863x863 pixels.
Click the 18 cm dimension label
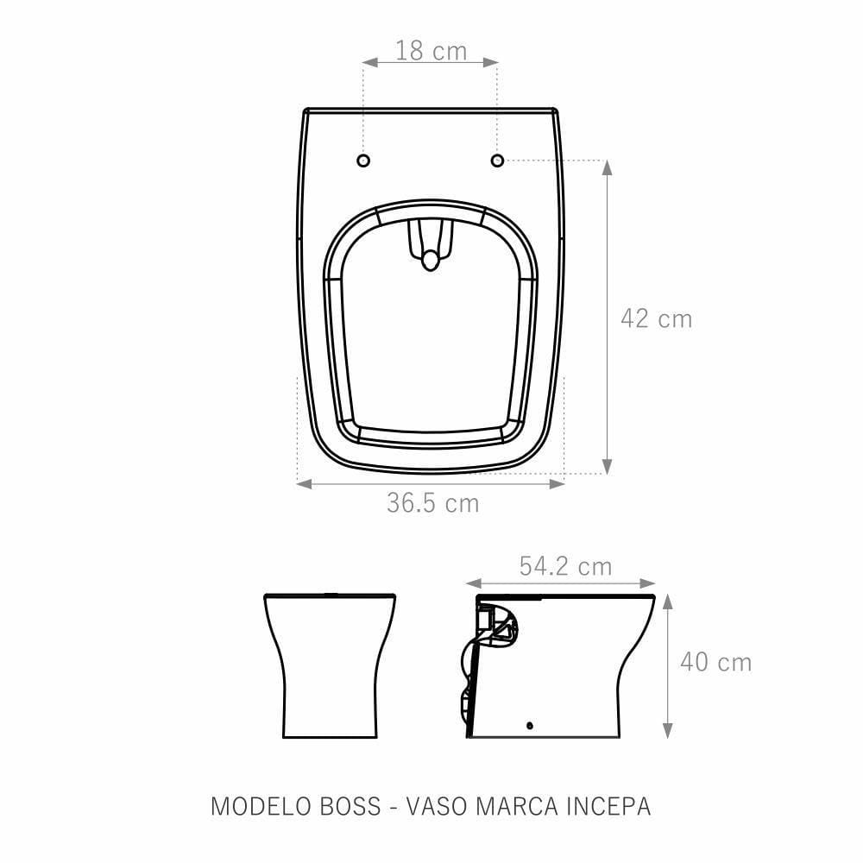click(431, 51)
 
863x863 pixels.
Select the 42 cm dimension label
click(656, 318)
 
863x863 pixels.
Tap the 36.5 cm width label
click(432, 502)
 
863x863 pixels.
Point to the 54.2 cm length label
click(565, 566)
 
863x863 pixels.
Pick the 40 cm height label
click(715, 662)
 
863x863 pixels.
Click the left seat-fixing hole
click(363, 161)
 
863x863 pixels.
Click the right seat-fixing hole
click(497, 161)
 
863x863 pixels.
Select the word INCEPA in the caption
click(608, 806)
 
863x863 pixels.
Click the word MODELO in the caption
click(261, 806)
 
